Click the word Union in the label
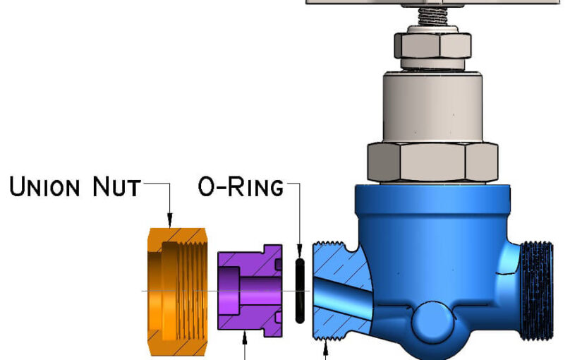pos(53,188)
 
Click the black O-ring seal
pos(299,290)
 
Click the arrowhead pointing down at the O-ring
pos(299,251)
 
